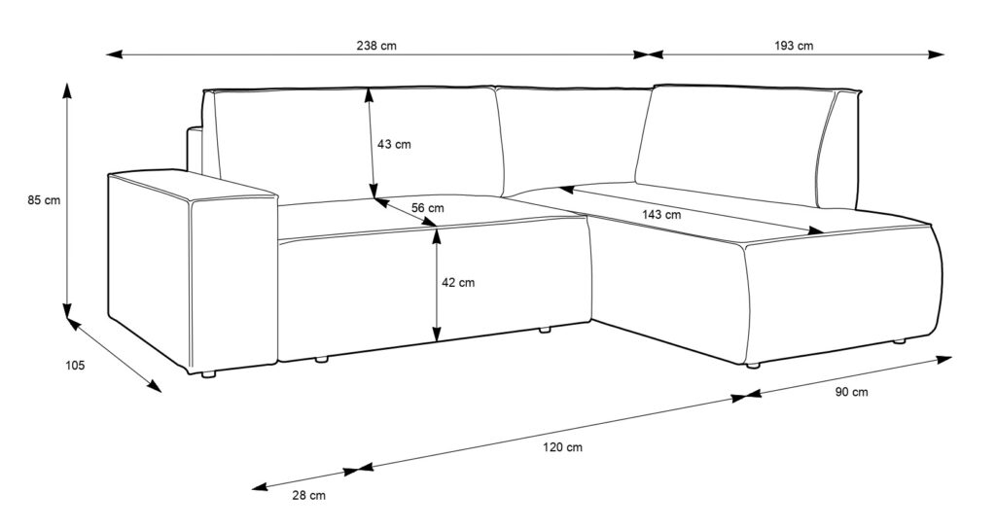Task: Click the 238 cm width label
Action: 377,46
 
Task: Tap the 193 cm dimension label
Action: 795,46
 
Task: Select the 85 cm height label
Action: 45,201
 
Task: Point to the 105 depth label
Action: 75,366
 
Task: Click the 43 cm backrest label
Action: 394,145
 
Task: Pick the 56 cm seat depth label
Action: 427,208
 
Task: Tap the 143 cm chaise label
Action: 661,214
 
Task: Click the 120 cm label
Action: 563,447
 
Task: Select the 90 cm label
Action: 851,392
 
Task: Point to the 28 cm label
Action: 308,495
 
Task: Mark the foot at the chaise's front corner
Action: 752,366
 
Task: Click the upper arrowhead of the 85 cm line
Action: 67,89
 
